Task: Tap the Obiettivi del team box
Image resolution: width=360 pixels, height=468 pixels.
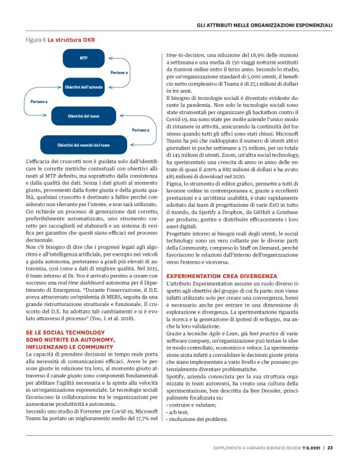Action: (83, 116)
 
